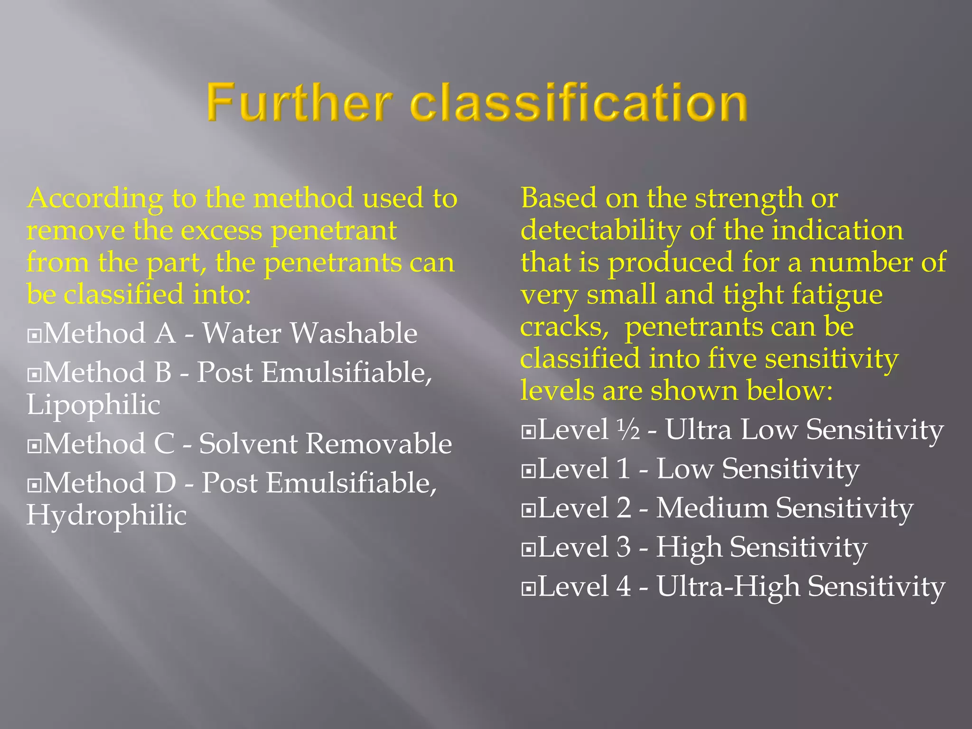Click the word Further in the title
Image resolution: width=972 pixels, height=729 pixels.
299,103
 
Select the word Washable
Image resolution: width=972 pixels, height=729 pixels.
354,333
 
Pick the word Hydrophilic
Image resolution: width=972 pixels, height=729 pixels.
106,515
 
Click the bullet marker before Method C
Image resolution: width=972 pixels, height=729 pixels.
34,447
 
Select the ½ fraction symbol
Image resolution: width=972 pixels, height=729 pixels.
628,430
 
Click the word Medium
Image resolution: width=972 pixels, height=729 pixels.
712,508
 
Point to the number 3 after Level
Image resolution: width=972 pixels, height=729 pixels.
624,547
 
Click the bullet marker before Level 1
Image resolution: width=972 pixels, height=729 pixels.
528,471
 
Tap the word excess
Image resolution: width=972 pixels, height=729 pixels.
221,231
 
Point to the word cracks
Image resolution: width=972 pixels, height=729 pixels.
563,327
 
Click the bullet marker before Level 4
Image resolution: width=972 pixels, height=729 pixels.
528,589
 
